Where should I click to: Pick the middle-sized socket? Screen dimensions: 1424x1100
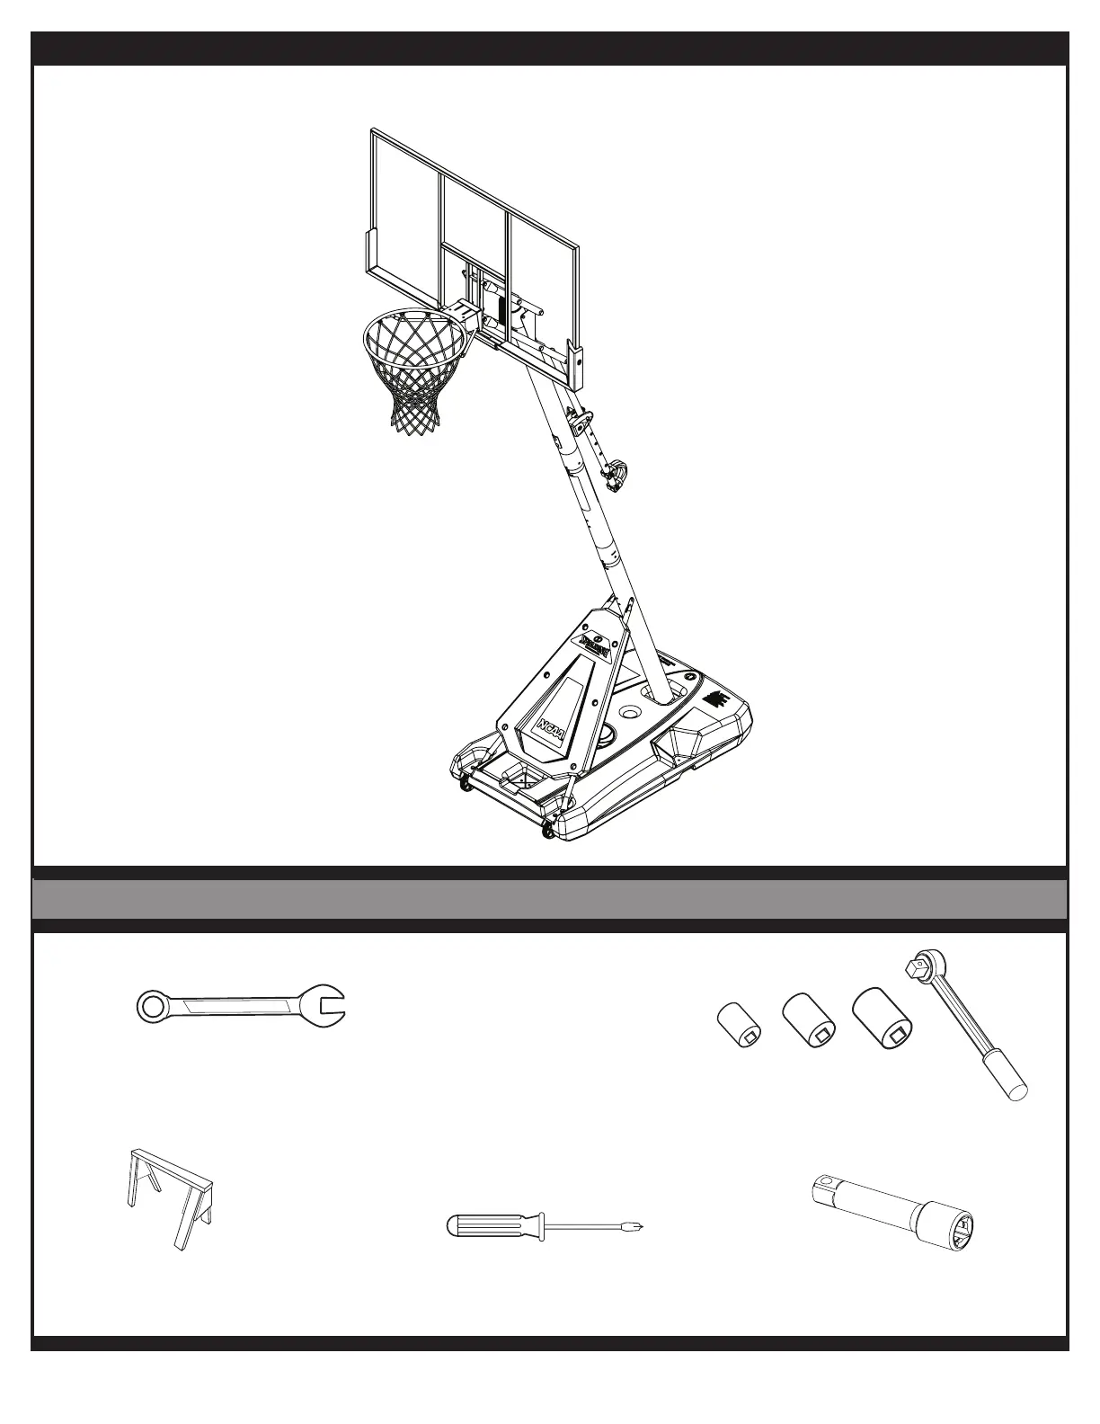pos(809,1020)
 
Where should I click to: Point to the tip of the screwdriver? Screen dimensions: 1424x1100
pos(642,1225)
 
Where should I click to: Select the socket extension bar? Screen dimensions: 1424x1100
pos(893,1210)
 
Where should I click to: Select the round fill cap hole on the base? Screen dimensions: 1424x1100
pos(628,712)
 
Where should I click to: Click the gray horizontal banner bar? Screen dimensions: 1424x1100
pos(550,899)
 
